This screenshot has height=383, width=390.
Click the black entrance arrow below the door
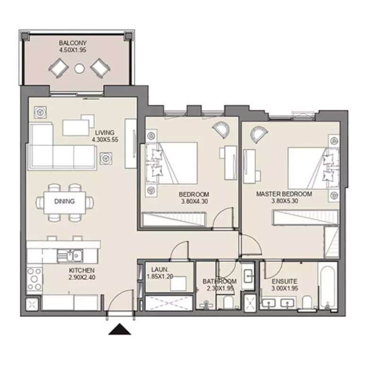point(119,329)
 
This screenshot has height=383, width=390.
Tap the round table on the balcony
point(79,68)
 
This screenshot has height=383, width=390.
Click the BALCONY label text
point(73,43)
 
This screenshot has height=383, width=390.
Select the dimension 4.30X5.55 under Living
point(105,140)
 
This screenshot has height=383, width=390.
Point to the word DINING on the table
point(64,201)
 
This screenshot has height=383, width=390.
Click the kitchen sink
point(70,256)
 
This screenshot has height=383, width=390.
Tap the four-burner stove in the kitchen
point(34,279)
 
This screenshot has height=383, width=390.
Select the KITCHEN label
point(82,270)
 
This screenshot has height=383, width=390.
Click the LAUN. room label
point(160,269)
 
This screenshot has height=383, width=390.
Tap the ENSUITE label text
point(285,281)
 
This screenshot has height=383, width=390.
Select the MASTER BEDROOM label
point(284,194)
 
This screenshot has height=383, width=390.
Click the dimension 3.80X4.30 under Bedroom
point(195,201)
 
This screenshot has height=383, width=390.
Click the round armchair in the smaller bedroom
point(221,129)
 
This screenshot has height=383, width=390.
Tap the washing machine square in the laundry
point(178,283)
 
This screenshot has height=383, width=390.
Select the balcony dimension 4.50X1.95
point(73,50)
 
